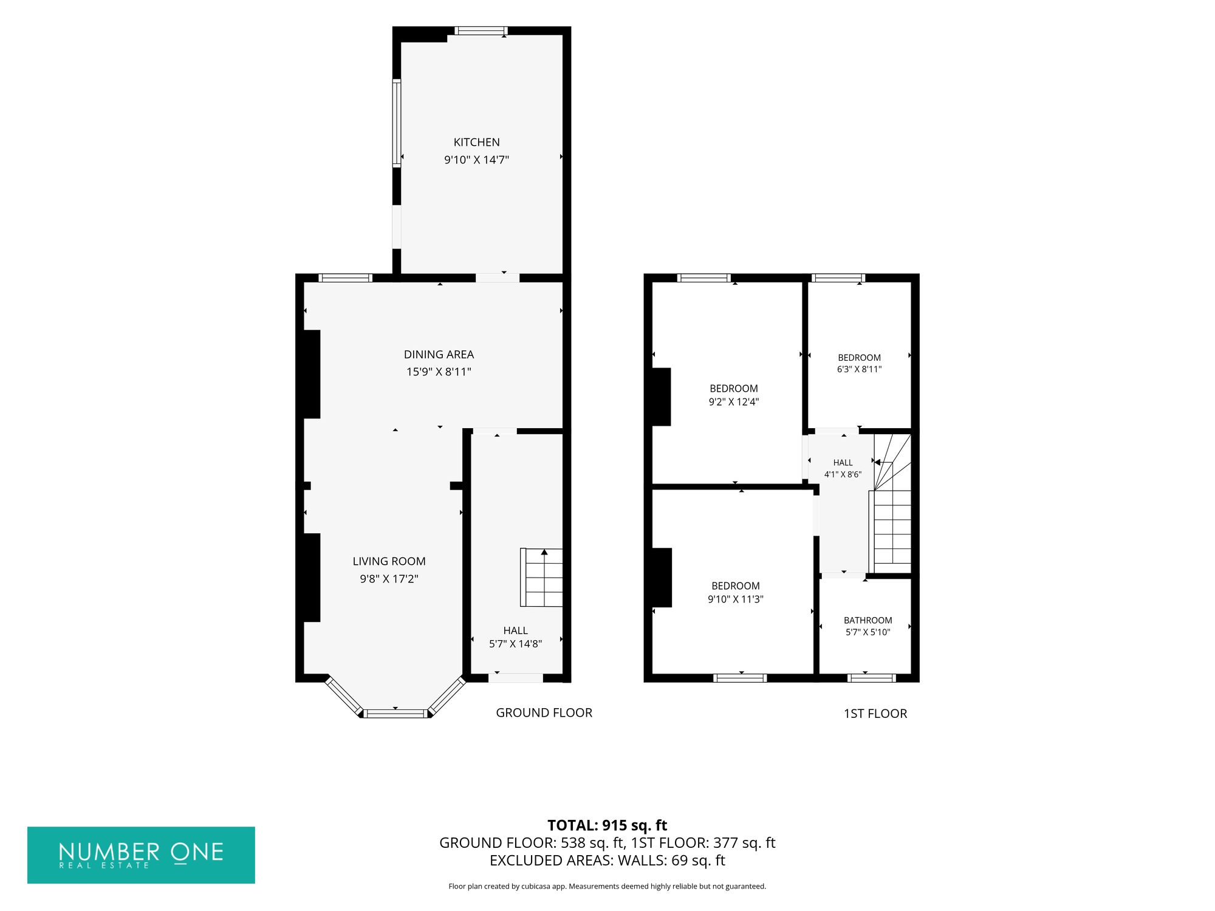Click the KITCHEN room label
[x=477, y=142]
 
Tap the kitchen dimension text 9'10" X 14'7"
[x=477, y=160]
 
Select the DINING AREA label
[x=439, y=354]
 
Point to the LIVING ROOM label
[x=389, y=561]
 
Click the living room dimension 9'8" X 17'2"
[x=389, y=579]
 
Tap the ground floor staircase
[x=541, y=578]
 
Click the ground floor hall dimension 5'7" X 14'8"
[x=515, y=644]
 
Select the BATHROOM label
[x=868, y=620]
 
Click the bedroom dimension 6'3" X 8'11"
[x=859, y=369]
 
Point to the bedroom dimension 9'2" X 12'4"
[x=734, y=401]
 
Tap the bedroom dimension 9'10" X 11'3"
[x=736, y=599]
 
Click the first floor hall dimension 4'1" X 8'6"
[x=843, y=474]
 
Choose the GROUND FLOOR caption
[x=544, y=712]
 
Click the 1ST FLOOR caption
[x=875, y=714]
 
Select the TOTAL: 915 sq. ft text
[x=607, y=825]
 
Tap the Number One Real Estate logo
[x=141, y=855]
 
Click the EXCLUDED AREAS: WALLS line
[x=607, y=861]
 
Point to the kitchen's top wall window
[x=481, y=31]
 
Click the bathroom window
[x=871, y=678]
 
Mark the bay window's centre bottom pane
[x=395, y=713]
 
